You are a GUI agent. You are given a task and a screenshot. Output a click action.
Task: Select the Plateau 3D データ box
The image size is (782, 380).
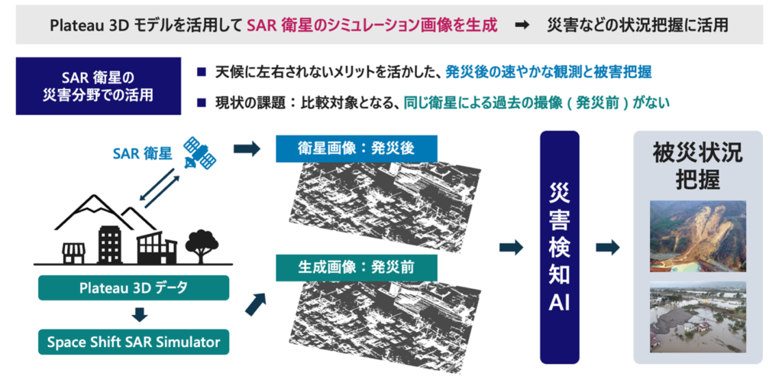[x=134, y=288]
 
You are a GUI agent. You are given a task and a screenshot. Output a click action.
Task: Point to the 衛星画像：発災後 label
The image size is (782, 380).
[x=345, y=148]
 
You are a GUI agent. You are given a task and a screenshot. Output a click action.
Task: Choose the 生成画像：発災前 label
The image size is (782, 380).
[x=345, y=268]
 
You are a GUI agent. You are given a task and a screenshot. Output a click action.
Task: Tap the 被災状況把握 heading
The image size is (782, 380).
[x=698, y=165]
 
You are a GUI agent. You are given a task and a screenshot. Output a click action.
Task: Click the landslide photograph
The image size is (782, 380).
[x=698, y=235]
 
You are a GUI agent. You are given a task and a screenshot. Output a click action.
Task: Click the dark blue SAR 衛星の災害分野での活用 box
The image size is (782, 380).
[x=98, y=86]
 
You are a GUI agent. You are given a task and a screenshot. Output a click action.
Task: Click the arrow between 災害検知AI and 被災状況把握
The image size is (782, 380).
[x=607, y=247]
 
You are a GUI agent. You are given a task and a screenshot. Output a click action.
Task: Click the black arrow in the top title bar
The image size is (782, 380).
[x=522, y=24]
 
